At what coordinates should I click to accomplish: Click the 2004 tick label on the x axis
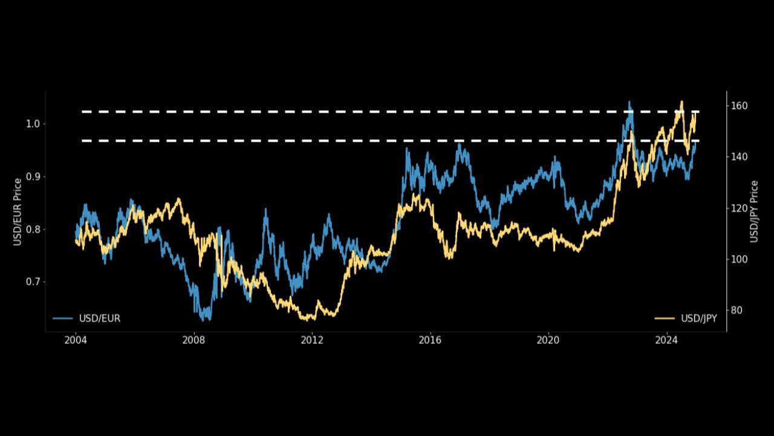[76, 340]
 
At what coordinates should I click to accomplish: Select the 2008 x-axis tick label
[193, 340]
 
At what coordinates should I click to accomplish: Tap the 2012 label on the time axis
[312, 340]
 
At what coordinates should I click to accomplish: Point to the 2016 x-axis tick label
[430, 340]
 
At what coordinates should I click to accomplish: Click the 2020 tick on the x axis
[548, 340]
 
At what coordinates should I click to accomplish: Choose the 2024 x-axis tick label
[666, 340]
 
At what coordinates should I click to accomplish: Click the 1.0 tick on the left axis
[32, 124]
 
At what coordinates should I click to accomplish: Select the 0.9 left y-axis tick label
[32, 177]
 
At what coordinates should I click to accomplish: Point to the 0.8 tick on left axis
[32, 230]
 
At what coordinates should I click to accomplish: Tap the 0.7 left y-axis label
[32, 282]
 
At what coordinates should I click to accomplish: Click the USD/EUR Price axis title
[18, 212]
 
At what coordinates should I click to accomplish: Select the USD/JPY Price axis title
[754, 212]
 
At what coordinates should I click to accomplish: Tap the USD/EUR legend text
[99, 319]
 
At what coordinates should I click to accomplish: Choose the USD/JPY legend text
[698, 319]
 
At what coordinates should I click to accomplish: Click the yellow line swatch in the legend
[665, 319]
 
